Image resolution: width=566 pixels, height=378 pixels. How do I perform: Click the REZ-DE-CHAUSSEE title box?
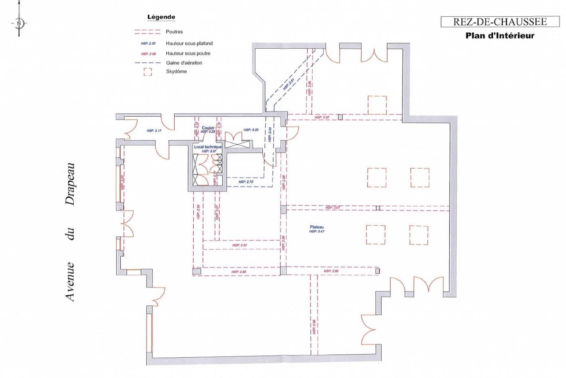(x=500, y=22)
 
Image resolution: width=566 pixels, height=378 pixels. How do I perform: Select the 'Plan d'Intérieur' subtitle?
(x=500, y=35)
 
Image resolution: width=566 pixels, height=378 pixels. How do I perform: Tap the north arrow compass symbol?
(x=19, y=23)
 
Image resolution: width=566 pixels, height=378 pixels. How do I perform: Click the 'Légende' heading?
(x=161, y=17)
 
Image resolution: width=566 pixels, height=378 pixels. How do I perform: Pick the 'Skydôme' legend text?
(x=176, y=72)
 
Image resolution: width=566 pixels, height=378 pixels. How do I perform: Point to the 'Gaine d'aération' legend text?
(x=184, y=63)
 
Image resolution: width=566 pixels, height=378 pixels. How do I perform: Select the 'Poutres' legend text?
(x=174, y=32)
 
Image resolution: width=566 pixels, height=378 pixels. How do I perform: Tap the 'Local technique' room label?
(x=208, y=147)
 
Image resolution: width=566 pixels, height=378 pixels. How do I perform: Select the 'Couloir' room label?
(x=208, y=128)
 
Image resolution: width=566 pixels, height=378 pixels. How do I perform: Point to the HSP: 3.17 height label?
(x=154, y=131)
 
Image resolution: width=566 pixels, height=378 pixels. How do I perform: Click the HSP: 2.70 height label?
(x=245, y=182)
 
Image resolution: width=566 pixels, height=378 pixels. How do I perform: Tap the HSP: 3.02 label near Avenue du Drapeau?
(x=122, y=183)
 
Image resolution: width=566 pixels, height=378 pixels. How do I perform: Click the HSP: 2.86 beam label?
(x=238, y=272)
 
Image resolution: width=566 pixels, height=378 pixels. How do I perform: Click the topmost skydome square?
(x=377, y=105)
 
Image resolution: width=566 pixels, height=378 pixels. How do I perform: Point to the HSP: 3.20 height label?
(x=251, y=130)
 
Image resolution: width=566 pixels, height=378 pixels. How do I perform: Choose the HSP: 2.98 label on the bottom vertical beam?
(x=314, y=328)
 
